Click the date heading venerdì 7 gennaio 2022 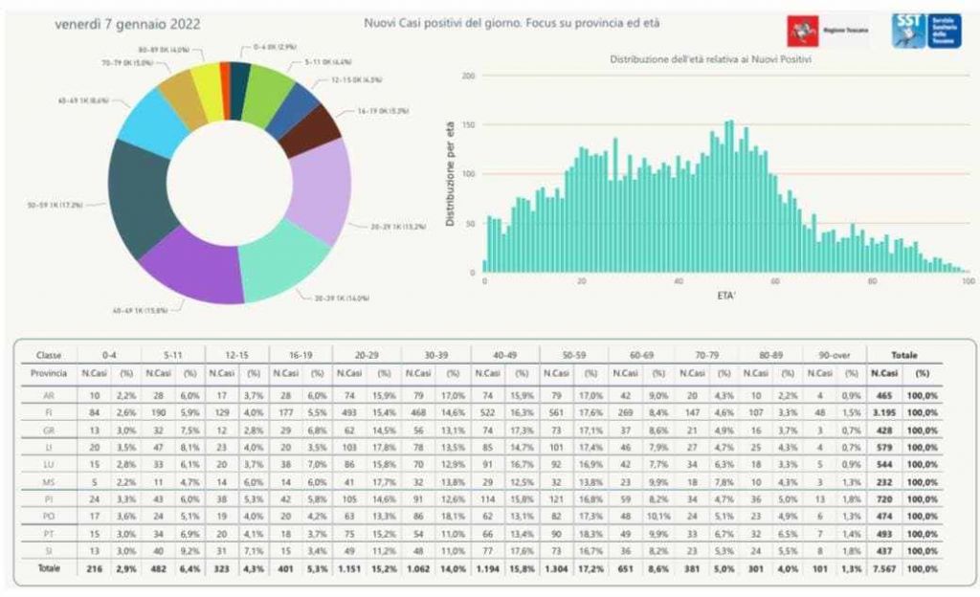click(127, 25)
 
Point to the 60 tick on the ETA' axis click(776, 283)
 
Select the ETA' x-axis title click(726, 297)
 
